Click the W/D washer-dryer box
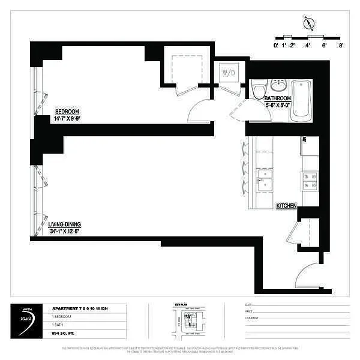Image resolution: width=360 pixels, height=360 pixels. pyautogui.click(x=229, y=73)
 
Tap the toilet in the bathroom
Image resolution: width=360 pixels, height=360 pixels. pyautogui.click(x=258, y=91)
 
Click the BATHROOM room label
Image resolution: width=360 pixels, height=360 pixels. pyautogui.click(x=278, y=98)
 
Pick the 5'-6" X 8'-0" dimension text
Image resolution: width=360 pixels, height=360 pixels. pyautogui.click(x=278, y=104)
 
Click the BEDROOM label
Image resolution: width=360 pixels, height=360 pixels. pyautogui.click(x=67, y=112)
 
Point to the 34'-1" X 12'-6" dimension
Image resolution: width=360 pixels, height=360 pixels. pyautogui.click(x=64, y=231)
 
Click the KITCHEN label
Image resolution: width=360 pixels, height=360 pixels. pyautogui.click(x=286, y=206)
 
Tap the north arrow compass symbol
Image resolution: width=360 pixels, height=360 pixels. pyautogui.click(x=309, y=23)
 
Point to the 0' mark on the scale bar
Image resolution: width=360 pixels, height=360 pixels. pyautogui.click(x=276, y=44)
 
